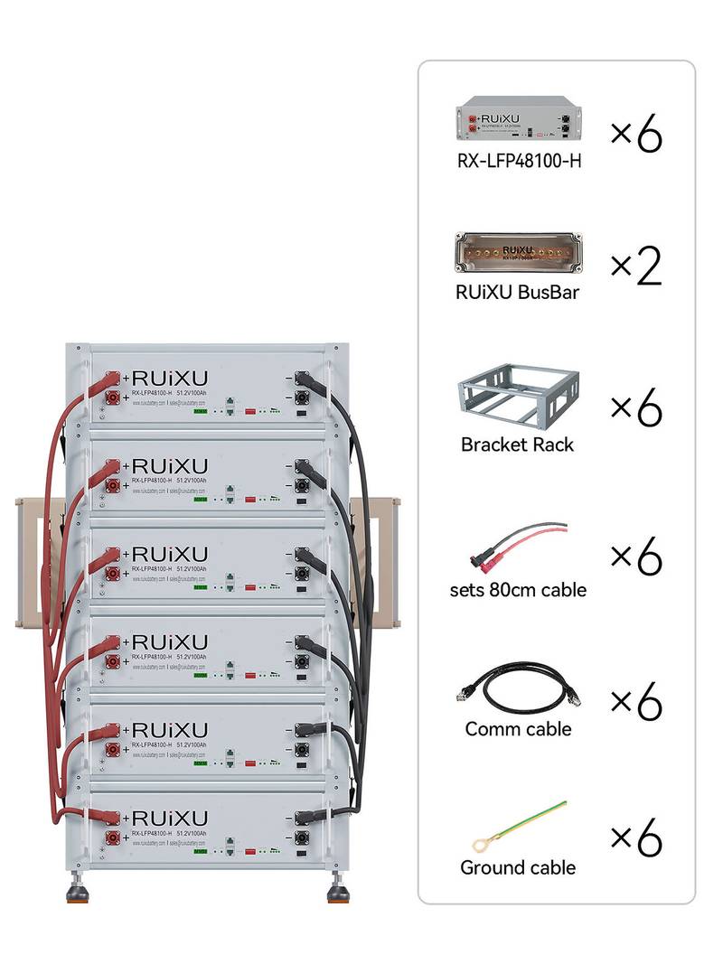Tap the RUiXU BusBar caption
[518, 291]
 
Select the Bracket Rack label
[517, 445]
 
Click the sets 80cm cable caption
[518, 590]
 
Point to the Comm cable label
[518, 728]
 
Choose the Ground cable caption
[518, 867]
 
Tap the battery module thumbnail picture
[519, 122]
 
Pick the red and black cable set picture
[518, 546]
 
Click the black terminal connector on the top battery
[299, 397]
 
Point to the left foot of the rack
[78, 894]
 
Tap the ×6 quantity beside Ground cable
[636, 838]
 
